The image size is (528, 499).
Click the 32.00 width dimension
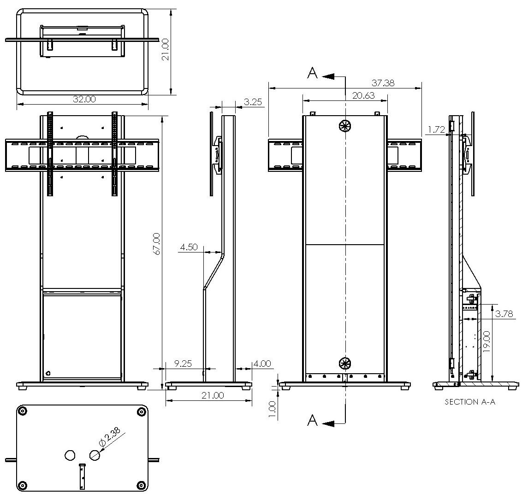click(x=84, y=99)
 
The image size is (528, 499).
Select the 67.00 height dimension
click(x=157, y=244)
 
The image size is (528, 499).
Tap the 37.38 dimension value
click(x=383, y=83)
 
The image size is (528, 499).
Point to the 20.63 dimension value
click(x=363, y=95)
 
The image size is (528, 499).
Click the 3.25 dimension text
click(x=253, y=102)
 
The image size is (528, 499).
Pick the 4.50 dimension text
click(x=189, y=247)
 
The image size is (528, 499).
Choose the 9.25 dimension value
click(x=183, y=364)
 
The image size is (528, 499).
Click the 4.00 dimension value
click(x=261, y=364)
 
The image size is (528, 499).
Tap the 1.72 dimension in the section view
click(x=436, y=129)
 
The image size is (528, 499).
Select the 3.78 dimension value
click(x=504, y=314)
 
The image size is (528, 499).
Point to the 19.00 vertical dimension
click(x=486, y=341)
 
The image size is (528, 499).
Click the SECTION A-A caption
click(x=470, y=402)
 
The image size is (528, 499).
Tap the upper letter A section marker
click(x=313, y=73)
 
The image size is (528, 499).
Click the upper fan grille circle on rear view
click(x=345, y=126)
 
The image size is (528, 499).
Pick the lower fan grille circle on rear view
click(x=345, y=363)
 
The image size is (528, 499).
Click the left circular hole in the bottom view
click(x=70, y=455)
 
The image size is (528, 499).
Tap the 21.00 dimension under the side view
click(x=213, y=395)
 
